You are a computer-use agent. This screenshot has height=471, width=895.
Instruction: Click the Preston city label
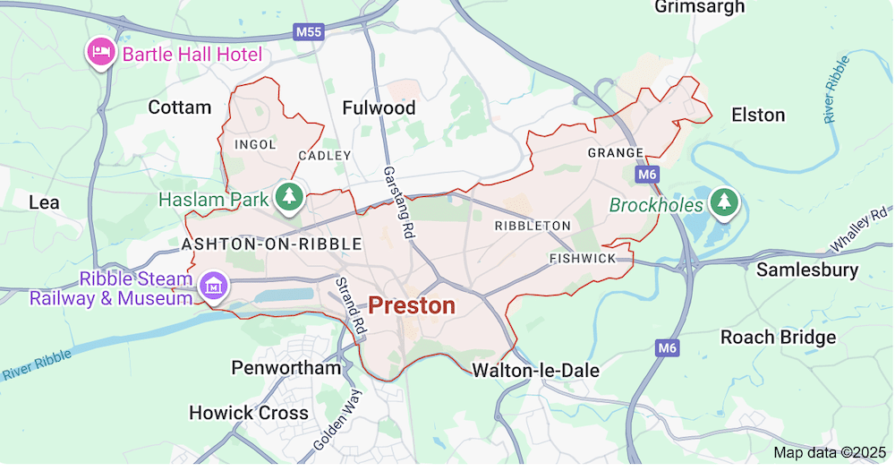coord(412,306)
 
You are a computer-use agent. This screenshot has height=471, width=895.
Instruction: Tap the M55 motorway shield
coord(308,32)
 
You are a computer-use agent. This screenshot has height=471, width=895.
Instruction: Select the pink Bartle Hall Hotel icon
coord(100,53)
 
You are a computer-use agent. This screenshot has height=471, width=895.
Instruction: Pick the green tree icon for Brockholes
coord(722,204)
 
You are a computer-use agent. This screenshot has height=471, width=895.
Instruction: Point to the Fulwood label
coord(379,108)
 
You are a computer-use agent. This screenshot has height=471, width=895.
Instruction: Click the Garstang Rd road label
coord(399,201)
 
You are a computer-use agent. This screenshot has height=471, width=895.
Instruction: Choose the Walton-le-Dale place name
coord(535,370)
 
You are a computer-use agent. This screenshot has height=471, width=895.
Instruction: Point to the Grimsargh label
coord(699,8)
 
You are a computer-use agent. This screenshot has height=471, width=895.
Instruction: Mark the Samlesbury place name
coord(807,270)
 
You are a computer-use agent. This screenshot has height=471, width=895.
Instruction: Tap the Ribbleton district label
coord(533,226)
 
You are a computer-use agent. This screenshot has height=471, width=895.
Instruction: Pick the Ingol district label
coord(255,144)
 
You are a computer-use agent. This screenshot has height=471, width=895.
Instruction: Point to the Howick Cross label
coord(249,413)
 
